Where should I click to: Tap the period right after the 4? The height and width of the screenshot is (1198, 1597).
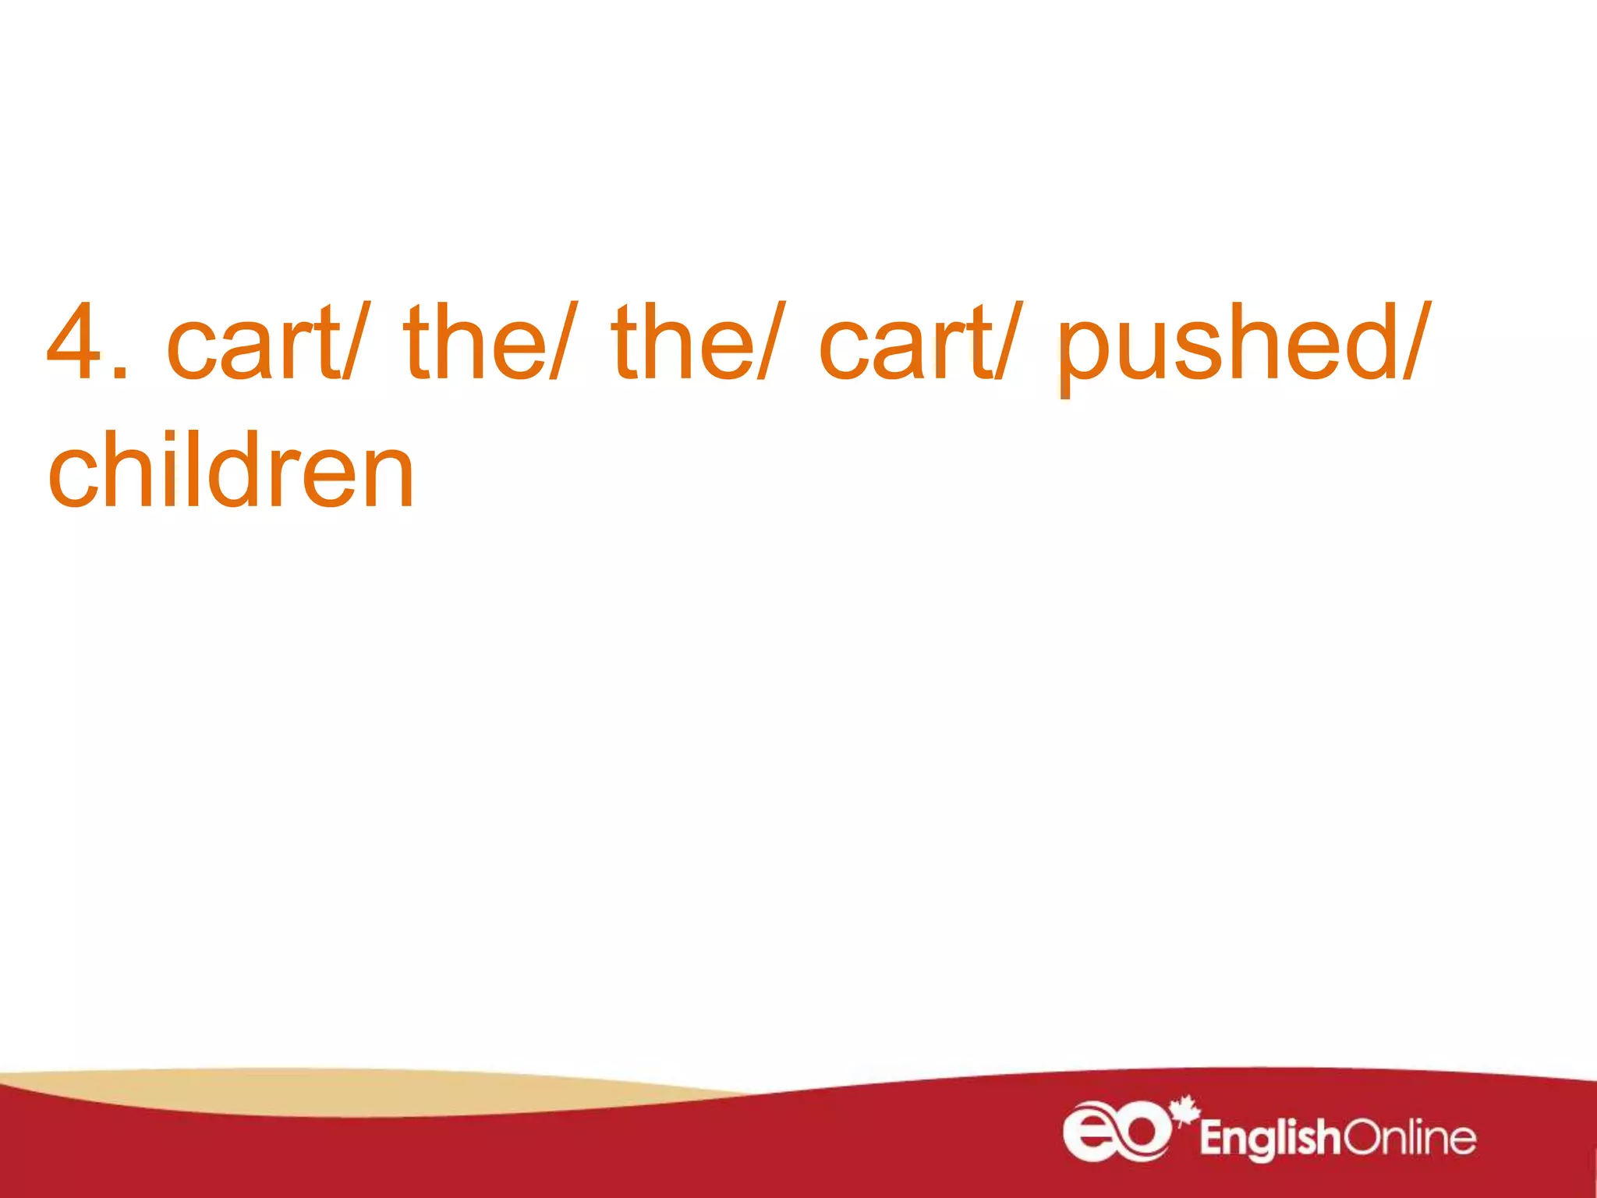[x=119, y=374]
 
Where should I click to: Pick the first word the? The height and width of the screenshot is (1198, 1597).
[x=474, y=343]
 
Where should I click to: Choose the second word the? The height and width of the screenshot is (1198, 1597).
[x=683, y=343]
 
